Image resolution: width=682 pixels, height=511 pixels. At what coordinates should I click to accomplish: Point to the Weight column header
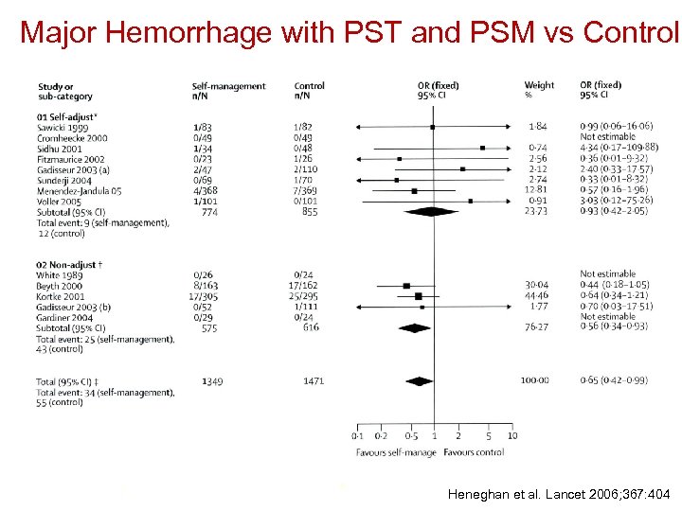[x=539, y=86]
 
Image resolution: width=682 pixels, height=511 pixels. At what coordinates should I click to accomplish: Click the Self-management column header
[x=228, y=86]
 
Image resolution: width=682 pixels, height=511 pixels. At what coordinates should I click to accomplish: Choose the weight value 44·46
[x=535, y=296]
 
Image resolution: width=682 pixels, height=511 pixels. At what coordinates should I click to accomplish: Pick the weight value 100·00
[x=535, y=380]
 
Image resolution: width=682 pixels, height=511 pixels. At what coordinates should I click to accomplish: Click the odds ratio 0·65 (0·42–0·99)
[x=614, y=380]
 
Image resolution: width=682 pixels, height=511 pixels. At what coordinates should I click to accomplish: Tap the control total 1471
[x=313, y=380]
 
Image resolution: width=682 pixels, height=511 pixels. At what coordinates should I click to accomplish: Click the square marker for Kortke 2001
[x=418, y=296]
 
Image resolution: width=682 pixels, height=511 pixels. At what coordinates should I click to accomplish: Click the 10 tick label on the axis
[x=512, y=436]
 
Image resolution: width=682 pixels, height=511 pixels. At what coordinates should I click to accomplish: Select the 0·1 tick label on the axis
[x=357, y=436]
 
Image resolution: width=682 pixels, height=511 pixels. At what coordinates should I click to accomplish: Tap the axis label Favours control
[x=474, y=453]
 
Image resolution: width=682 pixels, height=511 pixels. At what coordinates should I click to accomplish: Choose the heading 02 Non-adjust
[x=72, y=264]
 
